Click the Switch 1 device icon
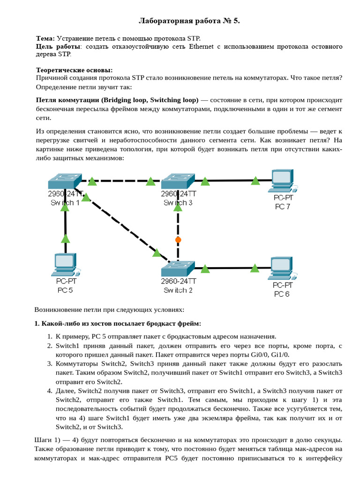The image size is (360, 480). [x=64, y=181]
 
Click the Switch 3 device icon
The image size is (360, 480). [x=178, y=181]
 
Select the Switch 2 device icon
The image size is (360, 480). [x=177, y=268]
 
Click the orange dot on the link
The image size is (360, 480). [x=178, y=240]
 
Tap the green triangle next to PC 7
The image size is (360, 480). [x=255, y=180]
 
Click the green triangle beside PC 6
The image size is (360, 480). [x=255, y=268]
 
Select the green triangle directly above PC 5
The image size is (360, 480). [x=66, y=238]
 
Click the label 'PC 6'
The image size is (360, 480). [x=282, y=294]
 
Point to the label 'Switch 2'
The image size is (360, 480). [x=178, y=290]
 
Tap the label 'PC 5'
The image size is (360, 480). [x=66, y=290]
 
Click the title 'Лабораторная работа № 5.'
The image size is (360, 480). [x=189, y=21]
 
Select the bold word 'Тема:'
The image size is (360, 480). [x=45, y=38]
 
